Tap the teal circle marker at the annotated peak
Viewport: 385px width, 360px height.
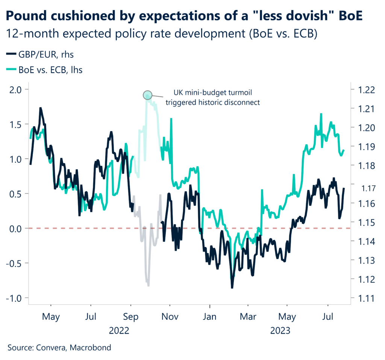pos(147,95)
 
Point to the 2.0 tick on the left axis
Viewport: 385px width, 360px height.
pos(17,89)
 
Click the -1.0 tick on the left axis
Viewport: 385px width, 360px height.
pos(15,298)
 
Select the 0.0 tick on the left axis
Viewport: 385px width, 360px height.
pos(17,228)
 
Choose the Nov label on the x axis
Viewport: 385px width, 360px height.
pos(170,317)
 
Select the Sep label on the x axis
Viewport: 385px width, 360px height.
pos(130,317)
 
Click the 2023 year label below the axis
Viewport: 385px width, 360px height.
pos(280,331)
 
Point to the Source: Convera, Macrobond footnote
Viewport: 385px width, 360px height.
pos(59,348)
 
